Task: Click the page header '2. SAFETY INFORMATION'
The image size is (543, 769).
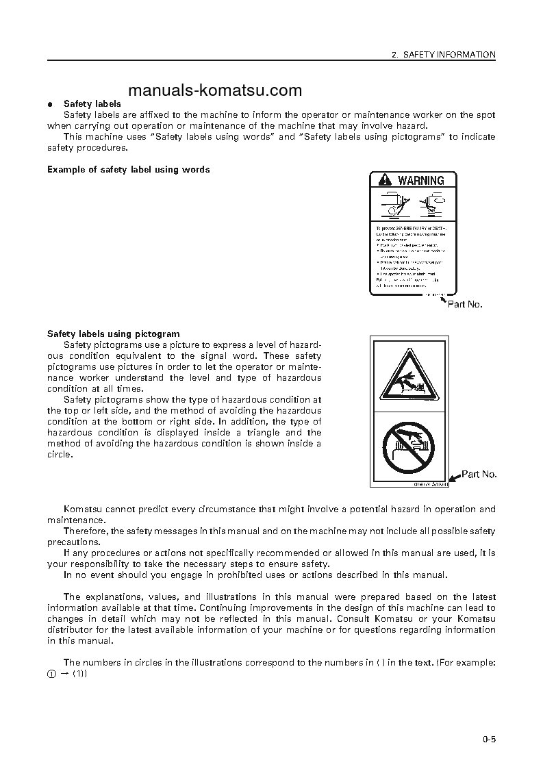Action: pyautogui.click(x=443, y=54)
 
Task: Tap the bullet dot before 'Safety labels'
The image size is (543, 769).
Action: pyautogui.click(x=50, y=104)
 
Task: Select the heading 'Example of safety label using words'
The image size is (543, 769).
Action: pyautogui.click(x=128, y=169)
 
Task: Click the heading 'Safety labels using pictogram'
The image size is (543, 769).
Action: pyautogui.click(x=113, y=334)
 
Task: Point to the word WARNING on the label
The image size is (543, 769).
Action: pyautogui.click(x=420, y=181)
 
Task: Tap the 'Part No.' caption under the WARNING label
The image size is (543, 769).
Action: pyautogui.click(x=465, y=304)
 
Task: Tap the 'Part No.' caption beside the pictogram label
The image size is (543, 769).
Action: pyautogui.click(x=479, y=474)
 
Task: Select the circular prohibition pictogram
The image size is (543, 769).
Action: pyautogui.click(x=409, y=449)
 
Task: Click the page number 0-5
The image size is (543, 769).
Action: pyautogui.click(x=488, y=740)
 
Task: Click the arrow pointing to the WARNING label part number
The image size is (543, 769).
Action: pyautogui.click(x=443, y=299)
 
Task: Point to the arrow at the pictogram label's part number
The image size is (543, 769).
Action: pyautogui.click(x=454, y=478)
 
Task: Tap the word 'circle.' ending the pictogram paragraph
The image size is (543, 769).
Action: pyautogui.click(x=60, y=454)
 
